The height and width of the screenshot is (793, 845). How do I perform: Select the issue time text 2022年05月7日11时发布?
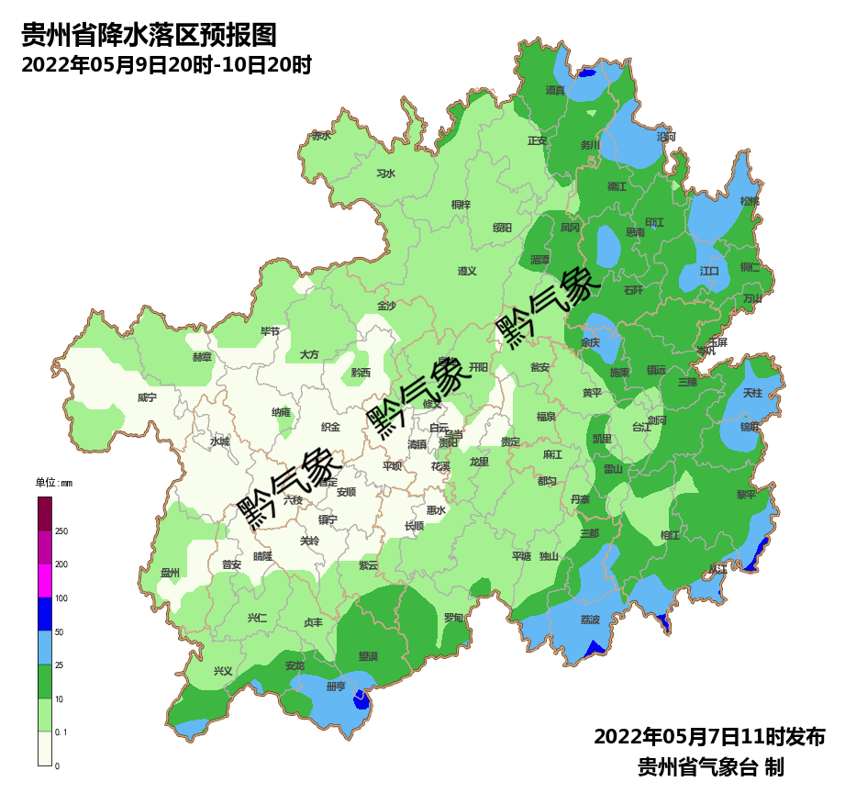[x=709, y=736]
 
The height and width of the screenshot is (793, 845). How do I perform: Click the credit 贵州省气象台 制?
[x=711, y=766]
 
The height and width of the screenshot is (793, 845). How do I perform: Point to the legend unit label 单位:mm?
[x=53, y=483]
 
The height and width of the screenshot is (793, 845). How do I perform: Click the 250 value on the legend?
[x=61, y=531]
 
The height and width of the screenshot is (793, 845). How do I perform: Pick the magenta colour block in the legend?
[x=45, y=581]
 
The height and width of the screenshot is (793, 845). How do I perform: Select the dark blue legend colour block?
[x=45, y=614]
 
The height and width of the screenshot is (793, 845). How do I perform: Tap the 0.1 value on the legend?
[x=61, y=732]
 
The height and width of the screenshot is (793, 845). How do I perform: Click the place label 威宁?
[x=147, y=397]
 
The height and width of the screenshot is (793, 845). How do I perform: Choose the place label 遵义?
[x=467, y=271]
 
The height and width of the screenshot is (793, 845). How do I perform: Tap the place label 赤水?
[x=320, y=135]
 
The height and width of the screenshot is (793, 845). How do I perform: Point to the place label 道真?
[x=555, y=90]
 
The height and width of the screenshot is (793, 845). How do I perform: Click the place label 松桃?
[x=750, y=201]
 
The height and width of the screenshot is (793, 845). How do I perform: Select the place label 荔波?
[x=590, y=620]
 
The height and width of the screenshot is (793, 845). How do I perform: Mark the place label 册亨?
[x=337, y=686]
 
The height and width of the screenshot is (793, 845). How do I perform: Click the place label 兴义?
[x=223, y=671]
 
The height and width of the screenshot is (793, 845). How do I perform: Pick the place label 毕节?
[x=270, y=330]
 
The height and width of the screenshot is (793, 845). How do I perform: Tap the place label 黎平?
[x=746, y=494]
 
